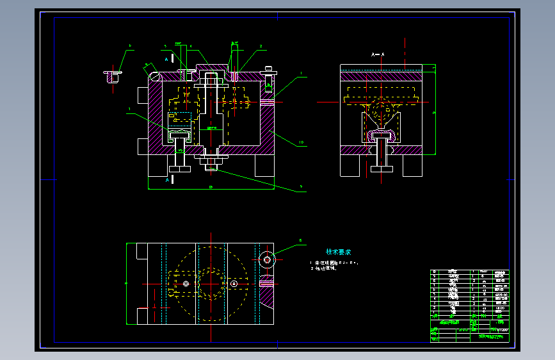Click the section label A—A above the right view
click(377, 56)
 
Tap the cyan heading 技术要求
click(339, 252)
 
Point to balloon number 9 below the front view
click(301, 187)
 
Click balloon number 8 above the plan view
click(300, 241)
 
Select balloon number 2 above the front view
click(261, 46)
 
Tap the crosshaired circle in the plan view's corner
click(266, 259)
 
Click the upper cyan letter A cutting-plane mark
click(166, 59)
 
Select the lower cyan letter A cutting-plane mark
click(166, 181)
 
